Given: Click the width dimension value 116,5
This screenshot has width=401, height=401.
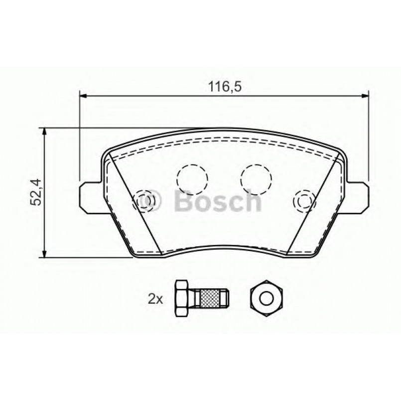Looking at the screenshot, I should pos(224,87).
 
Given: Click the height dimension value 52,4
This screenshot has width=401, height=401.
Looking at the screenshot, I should pos(35,193).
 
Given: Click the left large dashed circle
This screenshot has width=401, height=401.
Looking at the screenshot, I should pos(192,176).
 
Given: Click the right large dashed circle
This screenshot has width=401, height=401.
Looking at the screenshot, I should pos(256,176).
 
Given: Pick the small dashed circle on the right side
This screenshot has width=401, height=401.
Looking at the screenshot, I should pos(303,200).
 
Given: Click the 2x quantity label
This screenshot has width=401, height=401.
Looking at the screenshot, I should pos(155,299).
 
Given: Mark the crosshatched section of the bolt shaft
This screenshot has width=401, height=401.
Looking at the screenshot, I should pos(210,298).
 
